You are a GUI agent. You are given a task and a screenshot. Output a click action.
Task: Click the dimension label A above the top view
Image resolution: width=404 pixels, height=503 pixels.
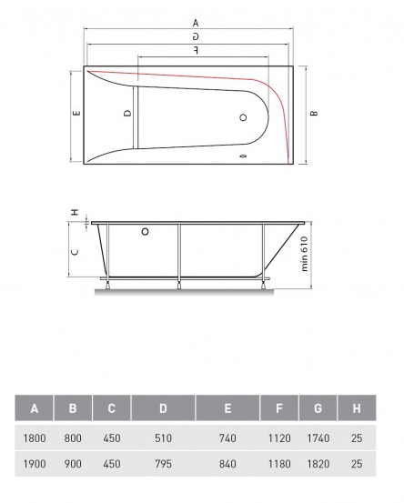196,23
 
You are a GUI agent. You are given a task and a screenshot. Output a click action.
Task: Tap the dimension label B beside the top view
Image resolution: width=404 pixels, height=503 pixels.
313,115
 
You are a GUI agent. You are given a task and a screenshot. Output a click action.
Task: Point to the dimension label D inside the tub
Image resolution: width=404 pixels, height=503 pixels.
127,114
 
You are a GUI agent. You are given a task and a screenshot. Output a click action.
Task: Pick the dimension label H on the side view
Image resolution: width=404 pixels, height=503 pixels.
75,213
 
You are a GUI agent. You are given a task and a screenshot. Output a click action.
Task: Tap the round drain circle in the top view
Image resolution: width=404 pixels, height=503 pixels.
243,118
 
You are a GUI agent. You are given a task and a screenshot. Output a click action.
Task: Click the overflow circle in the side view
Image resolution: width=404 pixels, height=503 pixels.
146,232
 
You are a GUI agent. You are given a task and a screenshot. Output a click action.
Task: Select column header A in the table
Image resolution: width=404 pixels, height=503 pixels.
34,407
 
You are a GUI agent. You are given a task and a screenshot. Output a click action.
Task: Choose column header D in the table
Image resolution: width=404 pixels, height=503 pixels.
163,407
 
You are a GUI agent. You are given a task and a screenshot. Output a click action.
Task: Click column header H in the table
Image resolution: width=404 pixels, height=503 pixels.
356,407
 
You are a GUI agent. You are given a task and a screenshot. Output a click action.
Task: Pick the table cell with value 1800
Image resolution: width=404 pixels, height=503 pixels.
34,438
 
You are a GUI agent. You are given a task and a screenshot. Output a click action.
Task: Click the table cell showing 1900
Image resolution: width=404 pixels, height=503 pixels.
34,465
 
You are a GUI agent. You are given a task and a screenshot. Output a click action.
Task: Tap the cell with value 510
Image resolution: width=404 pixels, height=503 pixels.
163,438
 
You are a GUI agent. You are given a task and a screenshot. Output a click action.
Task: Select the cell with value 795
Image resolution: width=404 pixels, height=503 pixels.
163,465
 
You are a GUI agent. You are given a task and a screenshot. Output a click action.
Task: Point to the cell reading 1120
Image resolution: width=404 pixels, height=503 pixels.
279,438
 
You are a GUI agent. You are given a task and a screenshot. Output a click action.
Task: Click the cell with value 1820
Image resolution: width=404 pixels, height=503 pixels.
318,465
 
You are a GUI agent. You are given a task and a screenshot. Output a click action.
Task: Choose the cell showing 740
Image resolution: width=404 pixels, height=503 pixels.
227,438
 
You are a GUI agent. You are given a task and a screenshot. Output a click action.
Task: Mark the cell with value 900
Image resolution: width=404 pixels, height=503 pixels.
73,465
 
